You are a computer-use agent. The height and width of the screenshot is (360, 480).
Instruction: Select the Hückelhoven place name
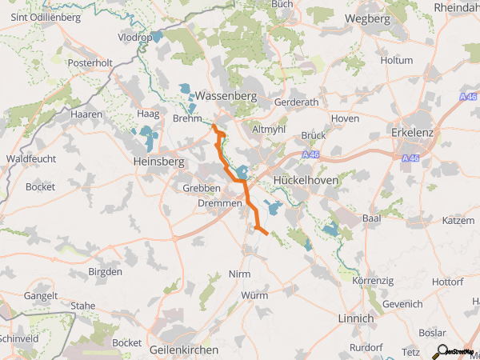pyautogui.click(x=306, y=182)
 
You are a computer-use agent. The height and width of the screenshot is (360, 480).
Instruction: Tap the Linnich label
pyautogui.click(x=355, y=318)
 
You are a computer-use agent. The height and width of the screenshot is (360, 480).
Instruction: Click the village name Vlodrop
pyautogui.click(x=134, y=38)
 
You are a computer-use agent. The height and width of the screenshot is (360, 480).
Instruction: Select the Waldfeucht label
pyautogui.click(x=30, y=159)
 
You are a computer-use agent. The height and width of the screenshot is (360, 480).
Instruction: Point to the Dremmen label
pyautogui.click(x=219, y=204)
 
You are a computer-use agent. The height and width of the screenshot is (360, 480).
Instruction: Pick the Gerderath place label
pyautogui.click(x=295, y=103)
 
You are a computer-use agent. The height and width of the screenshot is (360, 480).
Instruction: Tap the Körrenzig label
pyautogui.click(x=374, y=282)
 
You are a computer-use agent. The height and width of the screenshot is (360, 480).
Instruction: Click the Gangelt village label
pyautogui.click(x=41, y=296)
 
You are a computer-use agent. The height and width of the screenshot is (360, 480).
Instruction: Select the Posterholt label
pyautogui.click(x=90, y=62)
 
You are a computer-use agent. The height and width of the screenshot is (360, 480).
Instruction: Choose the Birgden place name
pyautogui.click(x=105, y=272)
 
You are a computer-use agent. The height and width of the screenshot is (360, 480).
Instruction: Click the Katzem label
pyautogui.click(x=458, y=219)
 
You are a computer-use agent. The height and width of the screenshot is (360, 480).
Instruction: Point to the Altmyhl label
pyautogui.click(x=269, y=129)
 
